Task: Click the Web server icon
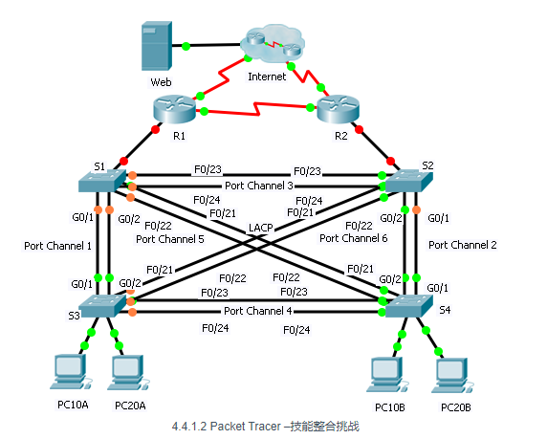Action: [159, 45]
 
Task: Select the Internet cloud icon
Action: [270, 48]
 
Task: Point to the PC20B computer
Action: [450, 373]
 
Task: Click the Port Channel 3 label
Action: [258, 185]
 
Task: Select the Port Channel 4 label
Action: [258, 311]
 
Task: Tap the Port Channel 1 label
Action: [56, 246]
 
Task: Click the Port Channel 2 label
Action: [463, 245]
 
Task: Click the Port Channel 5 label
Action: [169, 239]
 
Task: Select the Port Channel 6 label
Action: [352, 238]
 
